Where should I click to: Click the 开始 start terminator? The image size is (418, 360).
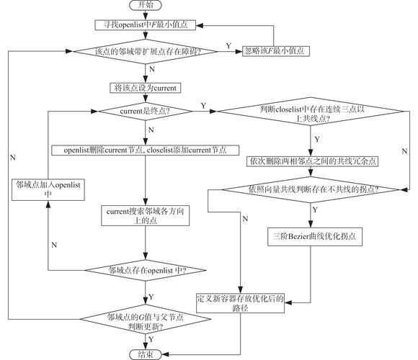(x=146, y=5)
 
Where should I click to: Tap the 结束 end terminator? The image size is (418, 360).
(x=146, y=354)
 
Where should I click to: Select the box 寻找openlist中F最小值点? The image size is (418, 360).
(x=146, y=25)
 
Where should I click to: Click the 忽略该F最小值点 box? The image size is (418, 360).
(x=276, y=50)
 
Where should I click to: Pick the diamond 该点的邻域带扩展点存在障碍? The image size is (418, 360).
(x=146, y=51)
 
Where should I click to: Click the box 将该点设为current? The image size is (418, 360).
(x=146, y=88)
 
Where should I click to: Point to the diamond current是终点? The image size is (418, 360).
(x=146, y=112)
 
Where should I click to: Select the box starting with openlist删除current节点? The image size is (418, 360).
(x=146, y=150)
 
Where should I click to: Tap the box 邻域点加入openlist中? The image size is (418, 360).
(x=48, y=189)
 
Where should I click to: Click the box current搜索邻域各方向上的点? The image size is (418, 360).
(x=146, y=215)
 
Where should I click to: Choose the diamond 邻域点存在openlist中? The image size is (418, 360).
(x=146, y=270)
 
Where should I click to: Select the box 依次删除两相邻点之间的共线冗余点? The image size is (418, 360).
(x=313, y=161)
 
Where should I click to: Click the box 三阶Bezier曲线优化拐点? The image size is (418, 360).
(x=315, y=236)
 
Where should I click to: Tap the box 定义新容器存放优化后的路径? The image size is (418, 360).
(x=240, y=302)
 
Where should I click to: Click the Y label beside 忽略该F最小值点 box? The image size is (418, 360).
(x=228, y=46)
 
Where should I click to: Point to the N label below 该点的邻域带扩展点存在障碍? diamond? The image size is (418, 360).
(x=152, y=70)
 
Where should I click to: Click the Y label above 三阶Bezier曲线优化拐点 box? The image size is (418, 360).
(x=315, y=210)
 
